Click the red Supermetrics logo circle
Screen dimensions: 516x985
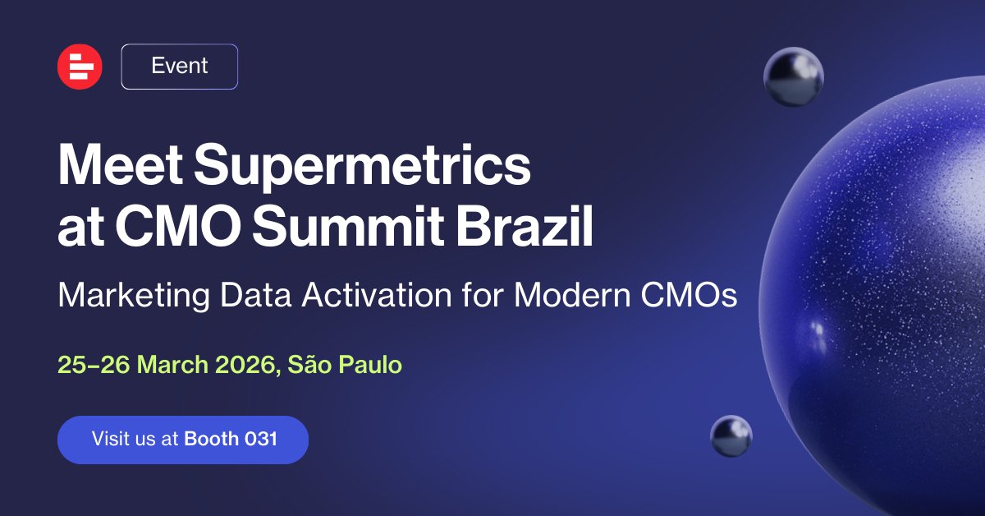pos(80,67)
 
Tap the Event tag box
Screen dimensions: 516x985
pos(180,67)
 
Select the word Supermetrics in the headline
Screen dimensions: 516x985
pos(362,168)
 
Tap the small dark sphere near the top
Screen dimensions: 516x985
pos(793,76)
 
